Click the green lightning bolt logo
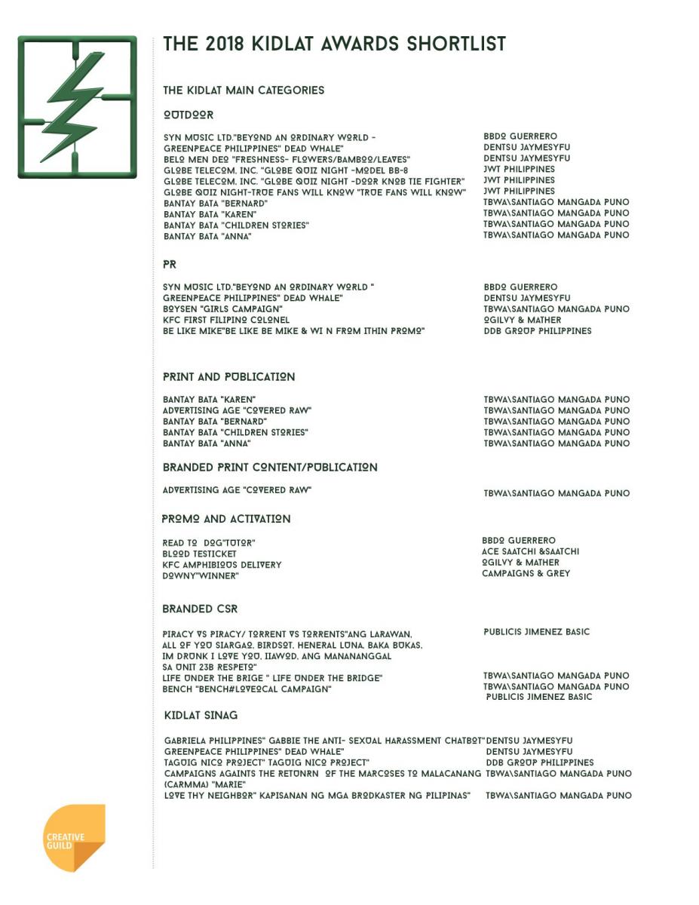(x=77, y=106)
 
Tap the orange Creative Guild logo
(x=74, y=839)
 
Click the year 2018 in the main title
(x=224, y=44)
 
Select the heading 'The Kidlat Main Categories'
(x=244, y=90)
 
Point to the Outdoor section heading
(x=189, y=115)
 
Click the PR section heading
(x=170, y=265)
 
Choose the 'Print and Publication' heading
(x=228, y=377)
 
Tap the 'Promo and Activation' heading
(x=226, y=520)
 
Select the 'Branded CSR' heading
(x=200, y=609)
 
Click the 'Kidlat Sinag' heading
(x=201, y=716)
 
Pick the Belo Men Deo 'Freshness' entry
(x=287, y=159)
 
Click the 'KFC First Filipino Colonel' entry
(x=226, y=320)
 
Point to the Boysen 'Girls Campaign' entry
(x=223, y=309)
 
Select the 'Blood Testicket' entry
(x=200, y=554)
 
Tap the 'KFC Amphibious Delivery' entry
(x=222, y=565)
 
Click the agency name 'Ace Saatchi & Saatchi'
(x=530, y=551)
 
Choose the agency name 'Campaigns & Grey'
(x=526, y=573)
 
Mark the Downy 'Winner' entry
(x=201, y=576)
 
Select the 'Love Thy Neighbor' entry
(x=317, y=796)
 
